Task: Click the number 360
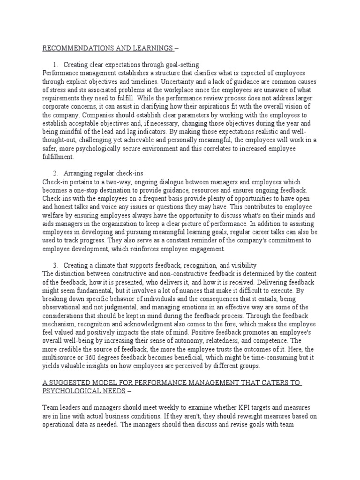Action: [x=90, y=359]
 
